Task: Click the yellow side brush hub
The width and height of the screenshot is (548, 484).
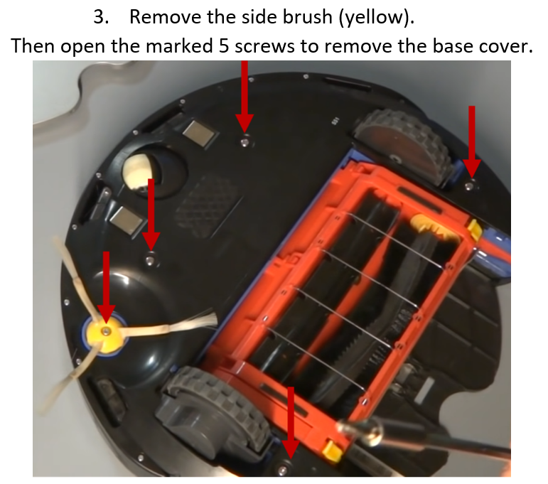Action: tap(104, 336)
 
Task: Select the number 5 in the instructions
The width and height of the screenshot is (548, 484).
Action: tap(224, 46)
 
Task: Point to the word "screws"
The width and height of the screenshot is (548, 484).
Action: tap(264, 47)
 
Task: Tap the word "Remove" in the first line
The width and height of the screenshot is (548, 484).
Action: tap(166, 17)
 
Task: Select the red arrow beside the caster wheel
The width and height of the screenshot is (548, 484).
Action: tap(151, 215)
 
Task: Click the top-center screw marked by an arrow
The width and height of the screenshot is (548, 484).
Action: tap(245, 143)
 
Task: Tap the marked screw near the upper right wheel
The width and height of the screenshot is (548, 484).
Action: tap(470, 185)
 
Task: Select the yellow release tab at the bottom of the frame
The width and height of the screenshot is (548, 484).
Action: tap(333, 451)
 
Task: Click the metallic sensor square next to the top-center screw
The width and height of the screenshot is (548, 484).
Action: tap(199, 133)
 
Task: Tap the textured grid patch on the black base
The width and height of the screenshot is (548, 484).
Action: tap(209, 205)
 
